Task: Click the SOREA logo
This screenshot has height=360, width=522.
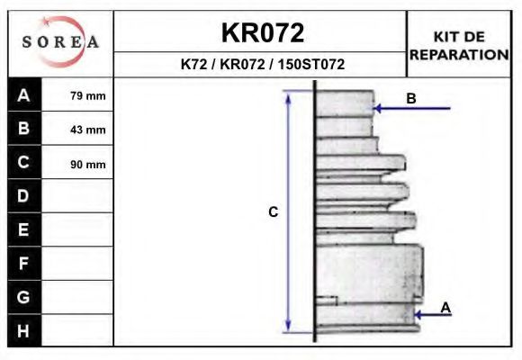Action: (60, 41)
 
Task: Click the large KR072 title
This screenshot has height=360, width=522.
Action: (263, 32)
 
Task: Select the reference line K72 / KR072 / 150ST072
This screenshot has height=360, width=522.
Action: (263, 64)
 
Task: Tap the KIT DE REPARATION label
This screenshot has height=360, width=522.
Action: (459, 46)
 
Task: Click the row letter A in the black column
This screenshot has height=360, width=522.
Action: (23, 95)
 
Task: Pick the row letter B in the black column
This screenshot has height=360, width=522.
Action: (23, 128)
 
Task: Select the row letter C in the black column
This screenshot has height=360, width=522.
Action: (23, 162)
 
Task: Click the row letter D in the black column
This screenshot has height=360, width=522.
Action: (23, 196)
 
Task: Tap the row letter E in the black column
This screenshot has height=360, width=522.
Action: (23, 229)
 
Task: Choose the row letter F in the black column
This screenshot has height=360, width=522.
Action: (23, 264)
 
